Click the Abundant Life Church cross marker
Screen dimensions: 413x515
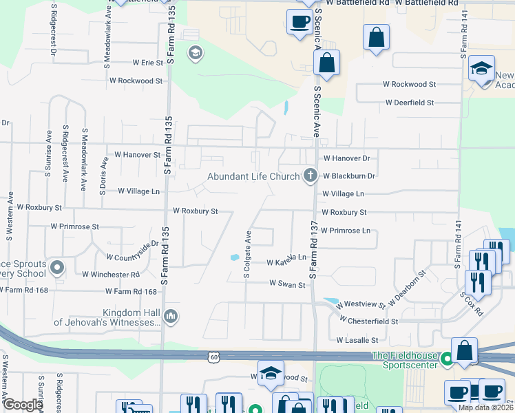click(311, 176)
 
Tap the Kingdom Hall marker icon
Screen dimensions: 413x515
click(171, 317)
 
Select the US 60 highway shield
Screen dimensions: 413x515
click(216, 356)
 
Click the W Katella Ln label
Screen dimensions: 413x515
click(286, 262)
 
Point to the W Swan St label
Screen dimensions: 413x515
click(287, 283)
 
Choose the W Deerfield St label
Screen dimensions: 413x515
click(410, 103)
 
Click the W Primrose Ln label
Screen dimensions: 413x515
click(345, 230)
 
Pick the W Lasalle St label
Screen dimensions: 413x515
click(357, 340)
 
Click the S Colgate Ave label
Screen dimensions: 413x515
click(246, 255)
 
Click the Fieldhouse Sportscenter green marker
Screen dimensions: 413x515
click(447, 358)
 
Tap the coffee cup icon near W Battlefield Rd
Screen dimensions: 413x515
click(299, 22)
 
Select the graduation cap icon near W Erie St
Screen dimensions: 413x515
click(195, 53)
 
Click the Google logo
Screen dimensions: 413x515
click(23, 405)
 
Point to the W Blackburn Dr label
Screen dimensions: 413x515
click(348, 176)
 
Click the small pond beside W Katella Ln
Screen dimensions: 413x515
click(235, 258)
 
